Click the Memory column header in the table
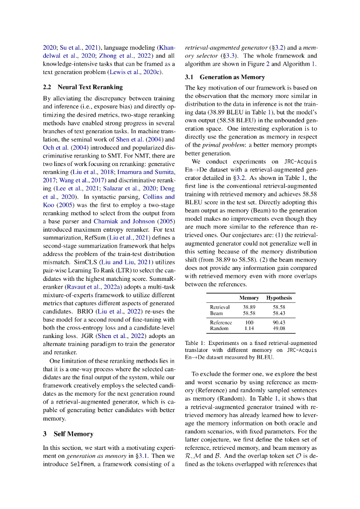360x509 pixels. click(x=249, y=298)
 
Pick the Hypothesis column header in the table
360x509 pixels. click(x=279, y=298)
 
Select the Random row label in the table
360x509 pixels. click(x=219, y=329)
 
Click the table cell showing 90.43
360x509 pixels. click(x=279, y=323)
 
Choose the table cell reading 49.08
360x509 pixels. click(x=279, y=329)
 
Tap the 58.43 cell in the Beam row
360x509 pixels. click(x=279, y=313)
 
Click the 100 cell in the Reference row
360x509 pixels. click(x=249, y=323)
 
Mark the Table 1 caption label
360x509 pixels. click(x=195, y=343)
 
